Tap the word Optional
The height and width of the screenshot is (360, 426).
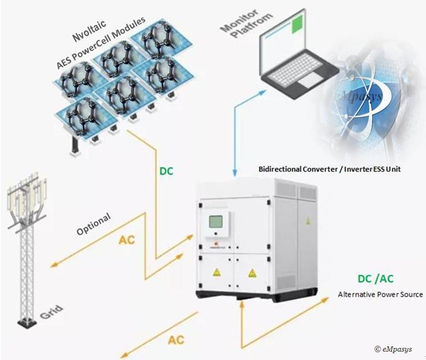[x=94, y=224]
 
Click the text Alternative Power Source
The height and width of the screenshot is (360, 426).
[x=380, y=295]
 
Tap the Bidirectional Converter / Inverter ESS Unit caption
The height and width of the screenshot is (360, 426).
[x=334, y=169]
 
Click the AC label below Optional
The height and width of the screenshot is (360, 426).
[x=127, y=240]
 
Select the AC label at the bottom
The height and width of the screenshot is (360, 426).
[x=176, y=340]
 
